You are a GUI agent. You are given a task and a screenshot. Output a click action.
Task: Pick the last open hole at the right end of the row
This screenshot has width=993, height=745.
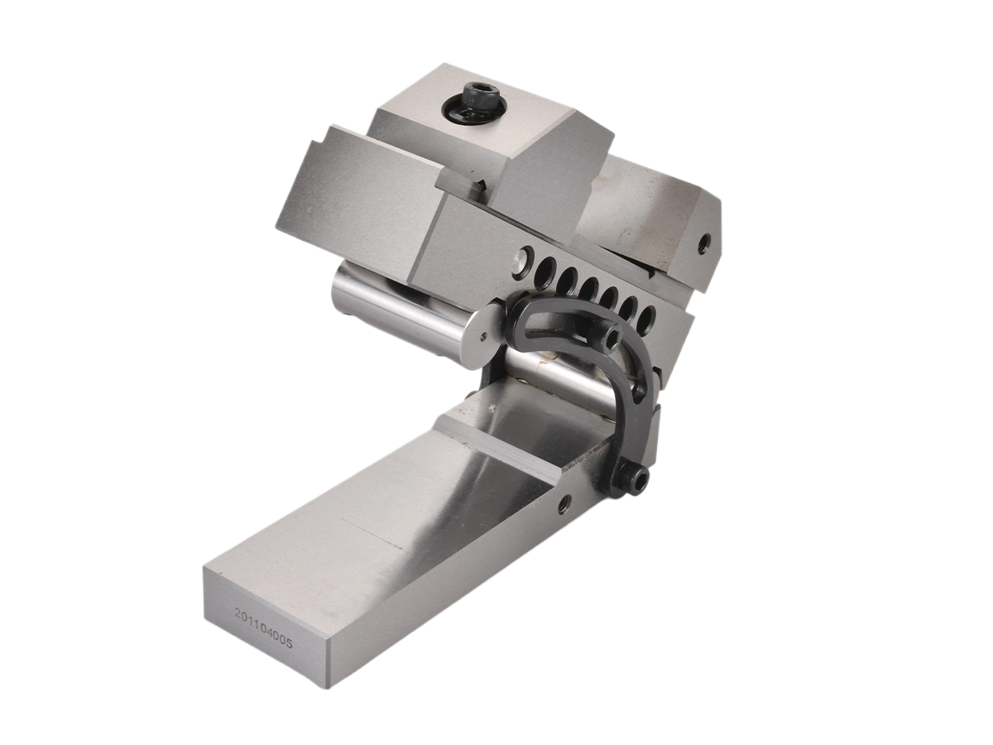(648, 315)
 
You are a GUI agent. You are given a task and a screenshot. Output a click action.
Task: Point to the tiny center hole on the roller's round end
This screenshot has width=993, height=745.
(485, 335)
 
